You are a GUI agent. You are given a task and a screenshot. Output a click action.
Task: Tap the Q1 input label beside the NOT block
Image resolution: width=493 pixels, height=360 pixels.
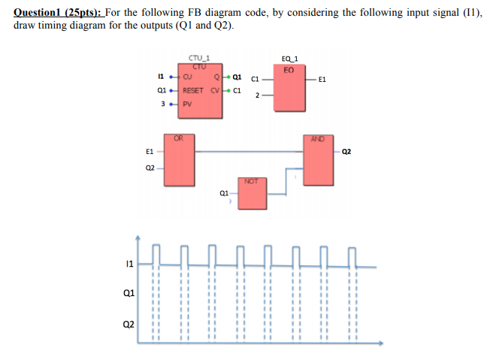pos(224,193)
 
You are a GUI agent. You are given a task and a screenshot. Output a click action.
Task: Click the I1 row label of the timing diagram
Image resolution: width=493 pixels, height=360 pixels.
pos(130,262)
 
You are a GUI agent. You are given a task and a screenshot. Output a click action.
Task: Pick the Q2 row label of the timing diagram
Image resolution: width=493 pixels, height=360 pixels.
pos(129,325)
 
